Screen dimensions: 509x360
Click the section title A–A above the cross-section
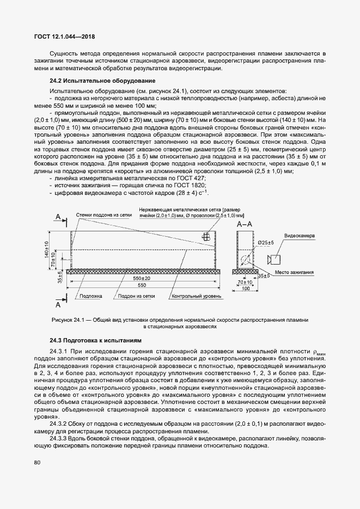(x=245, y=224)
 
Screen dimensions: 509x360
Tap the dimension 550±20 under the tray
(x=142, y=278)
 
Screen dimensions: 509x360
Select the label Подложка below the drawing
(x=90, y=297)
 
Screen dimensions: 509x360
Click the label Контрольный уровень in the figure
(x=197, y=297)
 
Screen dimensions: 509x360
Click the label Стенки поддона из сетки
(x=103, y=214)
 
